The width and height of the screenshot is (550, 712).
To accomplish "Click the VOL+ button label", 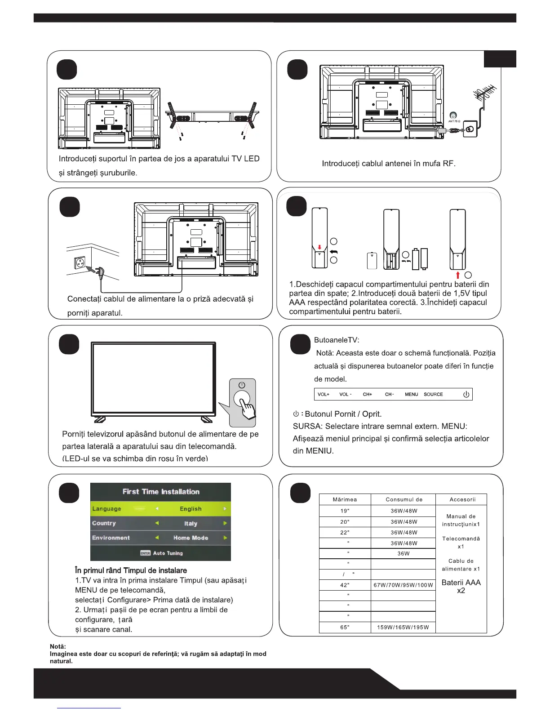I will pos(324,394).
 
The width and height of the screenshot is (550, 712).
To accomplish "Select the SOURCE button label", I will pos(433,394).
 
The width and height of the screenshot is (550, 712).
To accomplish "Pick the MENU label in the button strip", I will pos(411,394).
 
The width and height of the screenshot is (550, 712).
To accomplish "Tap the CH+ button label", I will pos(368,394).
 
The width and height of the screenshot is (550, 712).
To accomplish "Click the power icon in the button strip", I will pos(466,394).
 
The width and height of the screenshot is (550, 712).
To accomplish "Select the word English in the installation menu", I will pos(191,509).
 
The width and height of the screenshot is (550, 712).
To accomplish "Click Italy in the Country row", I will pos(191,524).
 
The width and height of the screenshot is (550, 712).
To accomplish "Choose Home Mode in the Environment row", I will pos(191,538).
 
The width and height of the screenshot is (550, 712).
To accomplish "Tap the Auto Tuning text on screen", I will pos(168,553).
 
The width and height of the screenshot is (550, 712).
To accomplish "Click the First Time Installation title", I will pos(161,492).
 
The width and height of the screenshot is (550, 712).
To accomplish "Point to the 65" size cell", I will pos(345,627).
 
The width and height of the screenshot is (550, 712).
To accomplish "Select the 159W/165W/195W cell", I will pos(403,627).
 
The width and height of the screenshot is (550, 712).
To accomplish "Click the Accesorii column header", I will pos(462,499).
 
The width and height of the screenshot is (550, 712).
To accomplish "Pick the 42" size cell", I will pos(345,585).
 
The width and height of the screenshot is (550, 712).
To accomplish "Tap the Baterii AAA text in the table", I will pos(461,583).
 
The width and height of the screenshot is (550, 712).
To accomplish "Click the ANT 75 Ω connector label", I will pos(454,121).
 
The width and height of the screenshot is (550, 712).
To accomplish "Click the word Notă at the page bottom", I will pos(58,646).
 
